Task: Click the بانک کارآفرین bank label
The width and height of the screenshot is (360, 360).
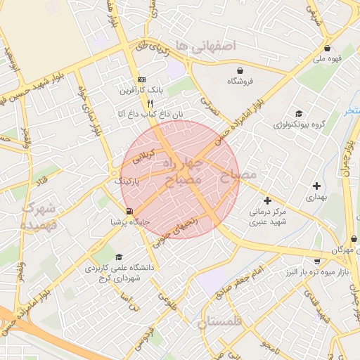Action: (141, 90)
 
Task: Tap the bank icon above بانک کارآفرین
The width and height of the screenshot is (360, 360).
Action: (141, 79)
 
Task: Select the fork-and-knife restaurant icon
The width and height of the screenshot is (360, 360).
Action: (141, 103)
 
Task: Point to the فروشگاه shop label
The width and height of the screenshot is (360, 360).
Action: (241, 82)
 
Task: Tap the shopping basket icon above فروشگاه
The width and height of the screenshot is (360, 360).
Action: (241, 70)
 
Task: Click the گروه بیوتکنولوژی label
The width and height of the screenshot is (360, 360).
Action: (300, 124)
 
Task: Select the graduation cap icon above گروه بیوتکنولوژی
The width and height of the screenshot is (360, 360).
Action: (300, 113)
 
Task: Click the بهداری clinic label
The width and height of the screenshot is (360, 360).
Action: (316, 198)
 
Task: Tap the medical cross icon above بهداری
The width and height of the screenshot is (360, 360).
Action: (316, 186)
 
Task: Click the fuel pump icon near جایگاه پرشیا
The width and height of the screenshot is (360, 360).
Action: (129, 211)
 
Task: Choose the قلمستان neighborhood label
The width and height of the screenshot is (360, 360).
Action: (219, 322)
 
